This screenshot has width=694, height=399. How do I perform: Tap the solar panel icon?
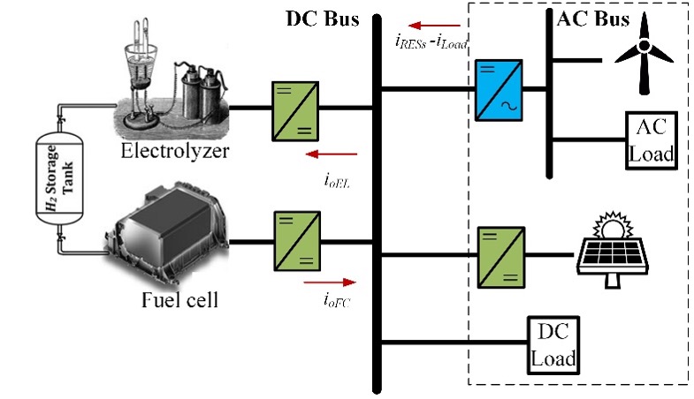point(612,251)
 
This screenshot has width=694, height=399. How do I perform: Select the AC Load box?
point(651,139)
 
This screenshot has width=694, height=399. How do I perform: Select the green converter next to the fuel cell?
point(294,238)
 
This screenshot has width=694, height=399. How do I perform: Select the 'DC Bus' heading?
point(316,18)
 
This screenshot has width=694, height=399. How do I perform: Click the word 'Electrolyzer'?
point(175,151)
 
